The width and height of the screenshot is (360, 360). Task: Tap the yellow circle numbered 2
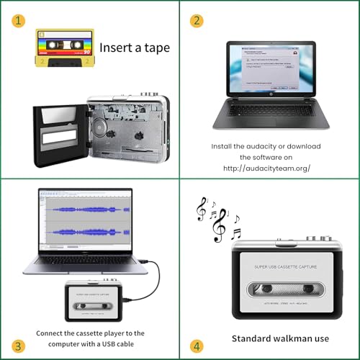pos(195,20)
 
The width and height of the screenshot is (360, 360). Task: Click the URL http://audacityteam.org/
pos(266,168)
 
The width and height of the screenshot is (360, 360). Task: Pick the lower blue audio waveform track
pos(85,232)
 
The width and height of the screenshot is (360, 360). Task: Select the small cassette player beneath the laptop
pos(97,299)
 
